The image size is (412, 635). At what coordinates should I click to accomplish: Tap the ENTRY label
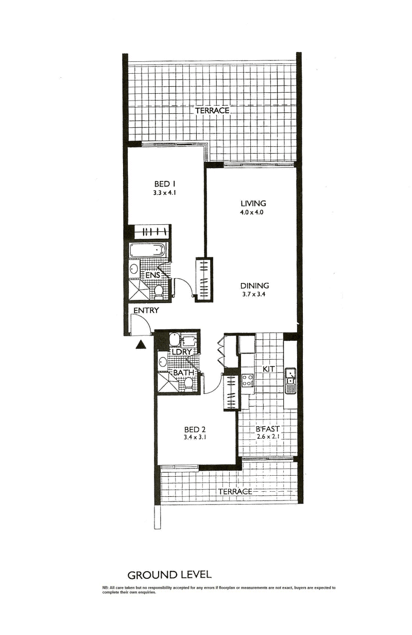(146, 310)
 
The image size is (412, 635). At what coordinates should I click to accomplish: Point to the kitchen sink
(290, 381)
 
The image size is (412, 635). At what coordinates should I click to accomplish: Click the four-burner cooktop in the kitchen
(248, 380)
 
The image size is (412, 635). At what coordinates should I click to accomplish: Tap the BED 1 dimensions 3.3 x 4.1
(165, 193)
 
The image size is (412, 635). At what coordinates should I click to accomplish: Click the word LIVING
(253, 203)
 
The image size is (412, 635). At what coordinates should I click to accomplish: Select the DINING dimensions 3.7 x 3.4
(254, 294)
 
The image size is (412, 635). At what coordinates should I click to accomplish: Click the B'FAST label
(267, 429)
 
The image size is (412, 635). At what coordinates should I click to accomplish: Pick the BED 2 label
(195, 429)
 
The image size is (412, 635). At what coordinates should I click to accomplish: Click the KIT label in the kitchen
(268, 369)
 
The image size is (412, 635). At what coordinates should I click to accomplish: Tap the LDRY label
(182, 352)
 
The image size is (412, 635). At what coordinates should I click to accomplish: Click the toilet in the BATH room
(188, 385)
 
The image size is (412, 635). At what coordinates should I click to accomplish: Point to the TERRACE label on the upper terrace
(212, 110)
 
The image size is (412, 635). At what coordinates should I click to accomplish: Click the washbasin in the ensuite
(133, 268)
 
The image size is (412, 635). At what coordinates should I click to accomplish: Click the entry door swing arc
(146, 319)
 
